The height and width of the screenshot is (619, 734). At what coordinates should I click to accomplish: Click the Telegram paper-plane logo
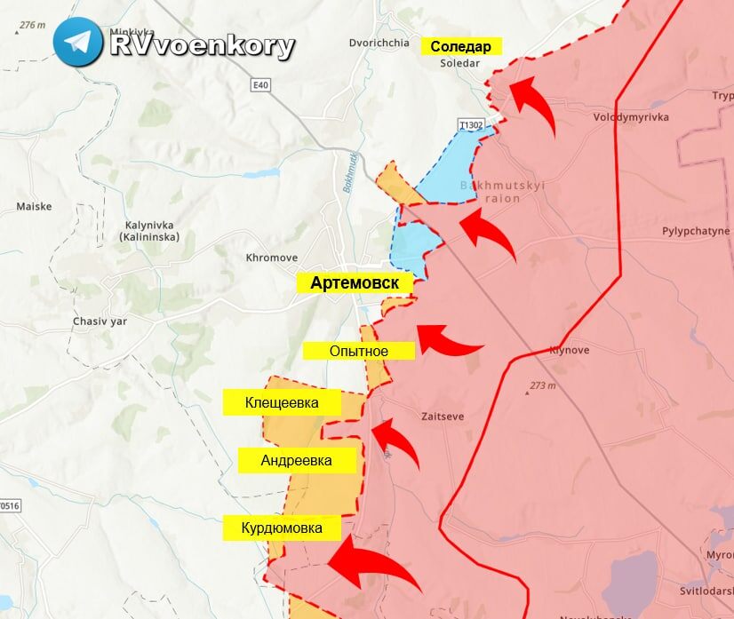pyautogui.click(x=77, y=42)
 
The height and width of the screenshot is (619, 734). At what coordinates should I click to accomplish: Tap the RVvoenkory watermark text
pyautogui.click(x=202, y=45)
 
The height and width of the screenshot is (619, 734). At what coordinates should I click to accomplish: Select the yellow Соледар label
pyautogui.click(x=461, y=47)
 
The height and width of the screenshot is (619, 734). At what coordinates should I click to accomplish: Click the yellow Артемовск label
pyautogui.click(x=355, y=283)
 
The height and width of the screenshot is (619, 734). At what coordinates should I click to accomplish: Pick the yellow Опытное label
pyautogui.click(x=359, y=351)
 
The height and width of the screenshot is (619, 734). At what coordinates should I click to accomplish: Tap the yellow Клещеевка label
pyautogui.click(x=282, y=403)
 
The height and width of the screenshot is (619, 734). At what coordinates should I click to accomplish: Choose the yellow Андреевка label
pyautogui.click(x=297, y=460)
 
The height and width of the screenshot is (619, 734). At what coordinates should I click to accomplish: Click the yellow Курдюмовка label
pyautogui.click(x=282, y=528)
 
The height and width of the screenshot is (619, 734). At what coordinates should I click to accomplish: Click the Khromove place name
pyautogui.click(x=272, y=258)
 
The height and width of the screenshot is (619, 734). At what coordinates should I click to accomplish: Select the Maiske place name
pyautogui.click(x=34, y=206)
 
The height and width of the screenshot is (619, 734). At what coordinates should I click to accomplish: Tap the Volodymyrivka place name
pyautogui.click(x=631, y=117)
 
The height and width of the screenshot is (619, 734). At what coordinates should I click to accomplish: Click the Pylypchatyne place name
pyautogui.click(x=696, y=231)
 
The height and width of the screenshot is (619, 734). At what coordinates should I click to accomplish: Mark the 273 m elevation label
pyautogui.click(x=542, y=385)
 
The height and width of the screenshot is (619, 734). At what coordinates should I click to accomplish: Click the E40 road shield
pyautogui.click(x=259, y=83)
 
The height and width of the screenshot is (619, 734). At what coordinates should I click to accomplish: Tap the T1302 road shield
pyautogui.click(x=471, y=125)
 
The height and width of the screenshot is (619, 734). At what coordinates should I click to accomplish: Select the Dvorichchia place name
pyautogui.click(x=379, y=43)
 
